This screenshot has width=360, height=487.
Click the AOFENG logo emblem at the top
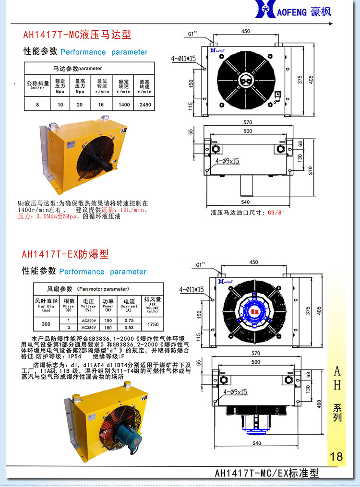point(265,11)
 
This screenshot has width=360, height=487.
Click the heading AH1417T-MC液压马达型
point(77,35)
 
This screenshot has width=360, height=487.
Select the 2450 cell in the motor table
point(144,104)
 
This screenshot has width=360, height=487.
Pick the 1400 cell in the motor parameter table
point(123,104)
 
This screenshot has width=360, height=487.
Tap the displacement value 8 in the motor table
point(37,104)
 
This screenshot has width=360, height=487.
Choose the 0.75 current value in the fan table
point(129,321)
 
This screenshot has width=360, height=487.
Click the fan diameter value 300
point(47,324)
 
